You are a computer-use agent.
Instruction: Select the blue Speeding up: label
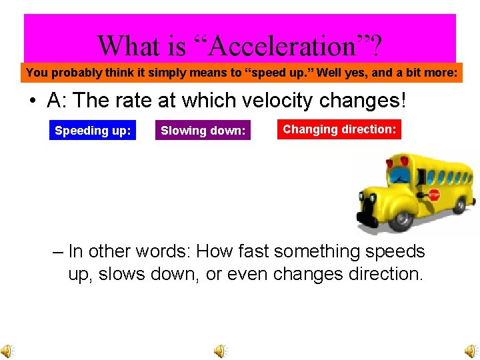click(93, 131)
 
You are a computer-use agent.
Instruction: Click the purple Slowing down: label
click(203, 131)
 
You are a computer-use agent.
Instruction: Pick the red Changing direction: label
click(339, 129)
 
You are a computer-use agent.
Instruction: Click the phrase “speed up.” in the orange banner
click(287, 73)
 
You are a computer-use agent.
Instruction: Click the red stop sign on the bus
click(434, 196)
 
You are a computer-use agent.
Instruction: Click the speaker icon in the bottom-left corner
click(7, 351)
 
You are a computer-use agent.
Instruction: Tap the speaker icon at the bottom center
click(221, 351)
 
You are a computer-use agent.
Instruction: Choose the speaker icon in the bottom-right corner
click(471, 351)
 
